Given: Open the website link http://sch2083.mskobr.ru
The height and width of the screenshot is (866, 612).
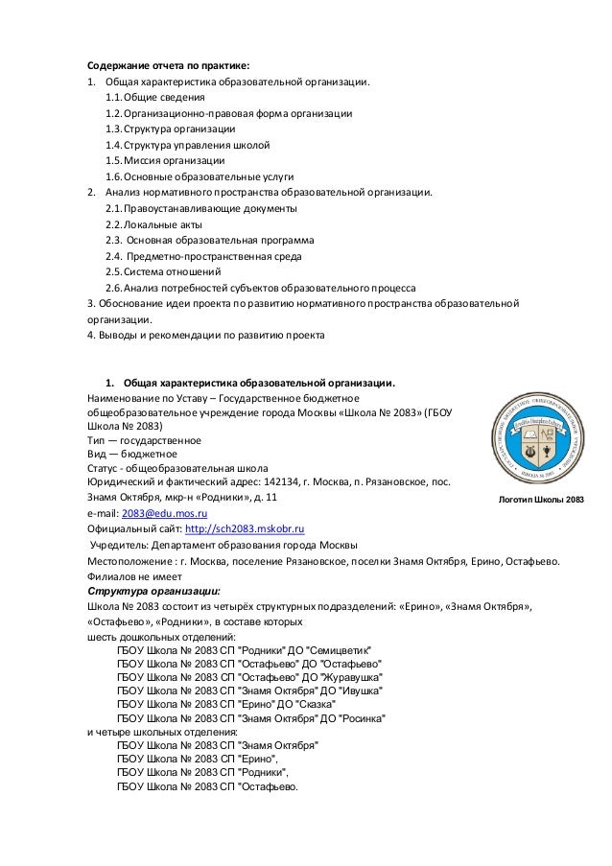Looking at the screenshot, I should point(245,527).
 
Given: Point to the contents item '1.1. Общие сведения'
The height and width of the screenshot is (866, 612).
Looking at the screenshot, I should point(155,97).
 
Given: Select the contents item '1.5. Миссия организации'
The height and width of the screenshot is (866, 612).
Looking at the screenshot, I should point(166,160).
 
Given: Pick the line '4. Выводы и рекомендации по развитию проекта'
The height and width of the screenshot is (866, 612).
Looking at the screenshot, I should point(206,335).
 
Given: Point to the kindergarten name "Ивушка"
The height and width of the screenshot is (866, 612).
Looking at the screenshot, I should point(357,690).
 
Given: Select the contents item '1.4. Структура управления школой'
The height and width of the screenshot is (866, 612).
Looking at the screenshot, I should point(188,145).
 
